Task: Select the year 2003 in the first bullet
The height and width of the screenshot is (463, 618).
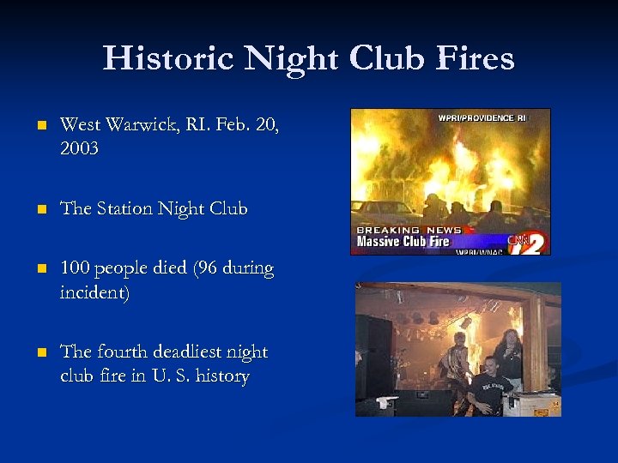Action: coord(79,148)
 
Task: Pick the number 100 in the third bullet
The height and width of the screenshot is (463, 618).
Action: coord(75,268)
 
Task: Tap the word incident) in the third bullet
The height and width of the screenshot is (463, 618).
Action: coord(94,292)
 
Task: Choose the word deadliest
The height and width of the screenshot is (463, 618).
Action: coord(191,352)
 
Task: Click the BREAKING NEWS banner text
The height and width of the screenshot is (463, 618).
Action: coord(408,230)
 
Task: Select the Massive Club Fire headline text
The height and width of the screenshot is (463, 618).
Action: coord(403,241)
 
